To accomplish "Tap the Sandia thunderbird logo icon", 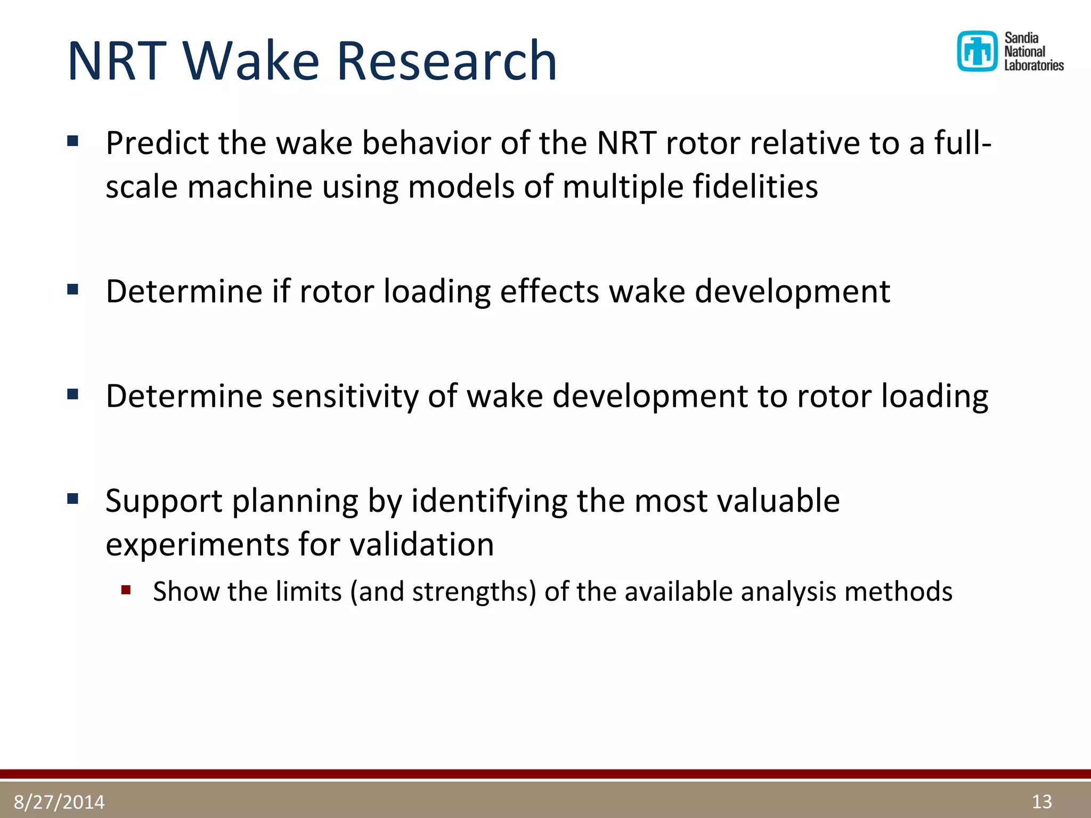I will tap(977, 51).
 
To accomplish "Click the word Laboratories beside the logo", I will tap(1033, 66).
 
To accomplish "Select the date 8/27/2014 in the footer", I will tap(59, 801).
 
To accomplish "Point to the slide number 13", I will tap(1041, 801).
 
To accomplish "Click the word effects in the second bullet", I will tap(549, 291).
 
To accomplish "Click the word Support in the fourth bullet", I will tap(164, 502).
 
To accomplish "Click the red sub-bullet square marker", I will tap(126, 590).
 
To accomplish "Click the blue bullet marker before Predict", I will tap(73, 141).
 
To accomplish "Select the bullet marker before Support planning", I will tap(73, 499).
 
